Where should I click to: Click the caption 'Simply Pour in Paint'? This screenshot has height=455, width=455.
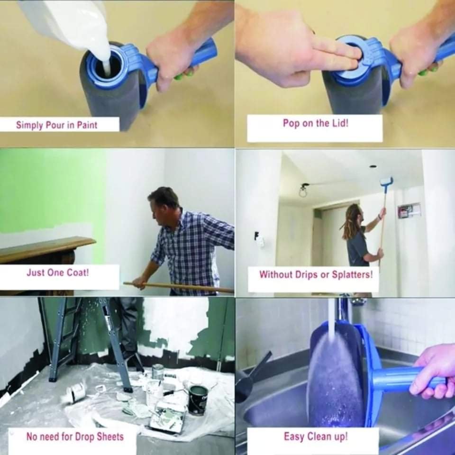(x=56, y=125)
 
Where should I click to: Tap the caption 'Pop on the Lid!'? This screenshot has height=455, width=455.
(x=316, y=123)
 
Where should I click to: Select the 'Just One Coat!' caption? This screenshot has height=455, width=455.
(x=58, y=273)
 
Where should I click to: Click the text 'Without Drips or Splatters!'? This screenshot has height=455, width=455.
(x=316, y=274)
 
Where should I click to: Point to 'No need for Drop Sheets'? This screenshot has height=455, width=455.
(x=75, y=437)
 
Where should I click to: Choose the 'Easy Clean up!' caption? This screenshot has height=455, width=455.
(x=316, y=436)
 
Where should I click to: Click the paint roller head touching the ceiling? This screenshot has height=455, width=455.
(x=386, y=182)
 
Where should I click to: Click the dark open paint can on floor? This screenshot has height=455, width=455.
(x=198, y=400)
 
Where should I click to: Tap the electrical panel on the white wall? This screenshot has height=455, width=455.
(x=409, y=211)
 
